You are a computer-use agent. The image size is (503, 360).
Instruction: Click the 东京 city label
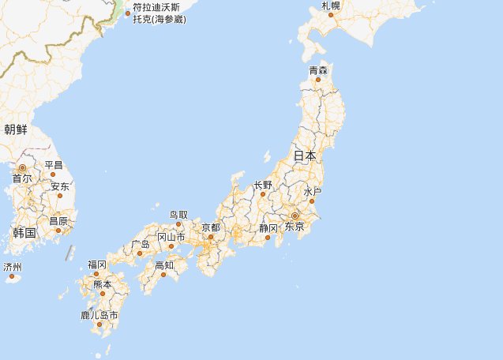tap(295, 227)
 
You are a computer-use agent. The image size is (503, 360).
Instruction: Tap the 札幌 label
tap(331, 6)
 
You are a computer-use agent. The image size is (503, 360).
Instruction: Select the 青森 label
tap(318, 70)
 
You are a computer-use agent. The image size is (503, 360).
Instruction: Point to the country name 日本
tap(305, 156)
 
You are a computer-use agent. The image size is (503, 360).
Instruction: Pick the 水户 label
tap(313, 192)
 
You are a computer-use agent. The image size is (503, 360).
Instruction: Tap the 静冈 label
tap(268, 228)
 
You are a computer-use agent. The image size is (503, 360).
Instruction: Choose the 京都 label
tap(211, 227)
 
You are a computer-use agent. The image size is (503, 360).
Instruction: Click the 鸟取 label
tap(179, 214)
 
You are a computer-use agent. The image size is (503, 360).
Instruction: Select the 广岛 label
tap(141, 244)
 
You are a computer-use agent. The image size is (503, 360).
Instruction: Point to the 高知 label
tap(164, 264)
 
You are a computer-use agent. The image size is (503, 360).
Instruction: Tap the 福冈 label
tap(97, 264)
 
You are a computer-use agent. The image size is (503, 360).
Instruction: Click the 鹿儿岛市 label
tap(99, 315)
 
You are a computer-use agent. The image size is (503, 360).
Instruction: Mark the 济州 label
tap(13, 267)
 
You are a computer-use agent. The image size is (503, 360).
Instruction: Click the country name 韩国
tap(24, 233)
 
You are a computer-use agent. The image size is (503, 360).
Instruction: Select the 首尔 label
tap(22, 179)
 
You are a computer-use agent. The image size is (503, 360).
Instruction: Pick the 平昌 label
tap(54, 165)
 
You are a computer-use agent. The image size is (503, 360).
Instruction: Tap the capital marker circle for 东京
tap(295, 216)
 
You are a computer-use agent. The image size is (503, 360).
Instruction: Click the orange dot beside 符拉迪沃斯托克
tap(127, 13)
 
